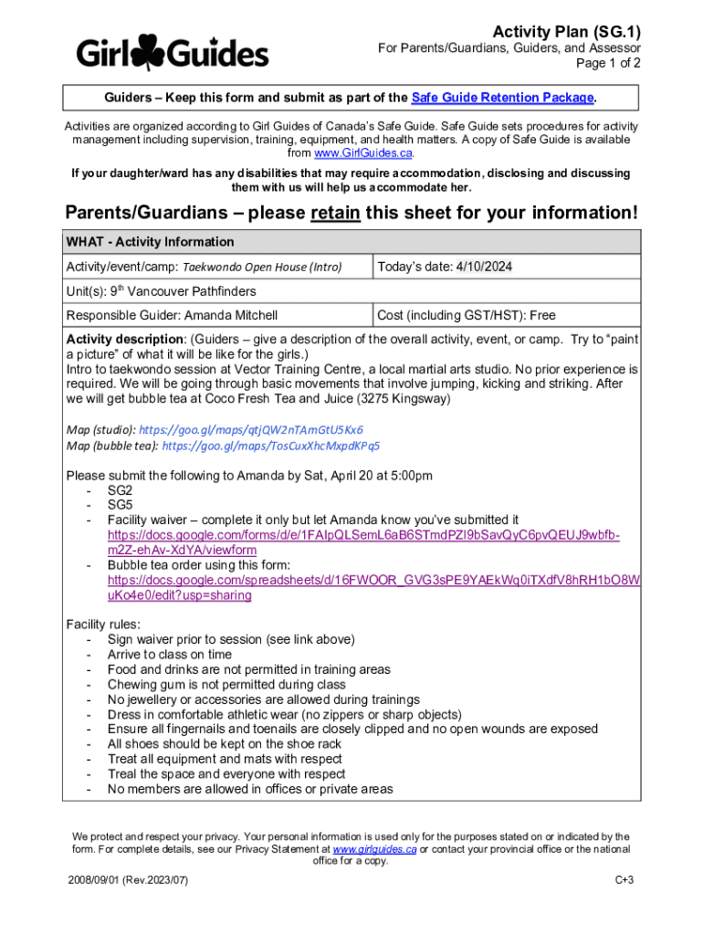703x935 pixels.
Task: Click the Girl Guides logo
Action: pos(173,52)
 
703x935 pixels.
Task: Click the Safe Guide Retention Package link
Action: pos(503,98)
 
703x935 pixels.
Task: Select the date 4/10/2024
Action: pos(484,267)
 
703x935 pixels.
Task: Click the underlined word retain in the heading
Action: pos(336,213)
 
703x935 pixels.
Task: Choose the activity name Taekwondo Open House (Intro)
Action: pos(263,268)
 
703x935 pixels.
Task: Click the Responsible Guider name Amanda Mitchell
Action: pos(231,316)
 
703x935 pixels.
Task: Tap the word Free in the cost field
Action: pos(541,316)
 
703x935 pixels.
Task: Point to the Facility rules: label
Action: pos(103,625)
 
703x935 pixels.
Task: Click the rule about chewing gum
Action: pos(226,684)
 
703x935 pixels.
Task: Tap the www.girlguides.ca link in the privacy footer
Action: pos(375,849)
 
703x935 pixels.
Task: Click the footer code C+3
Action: pos(624,879)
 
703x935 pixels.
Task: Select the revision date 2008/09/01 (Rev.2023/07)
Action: pos(128,879)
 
